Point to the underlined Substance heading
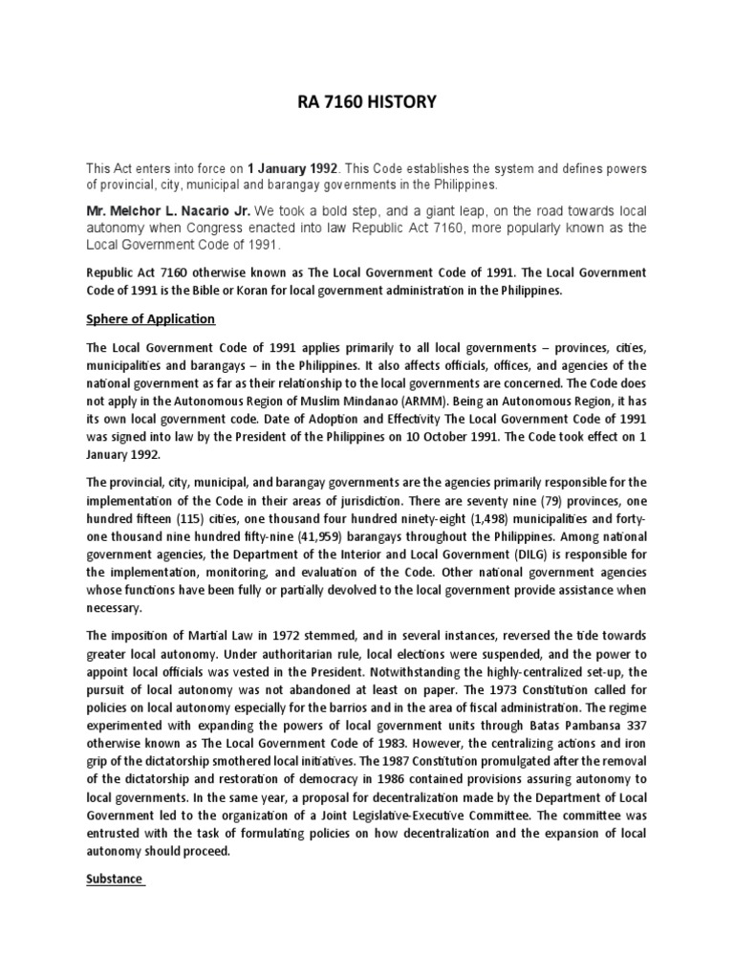coord(114,879)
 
